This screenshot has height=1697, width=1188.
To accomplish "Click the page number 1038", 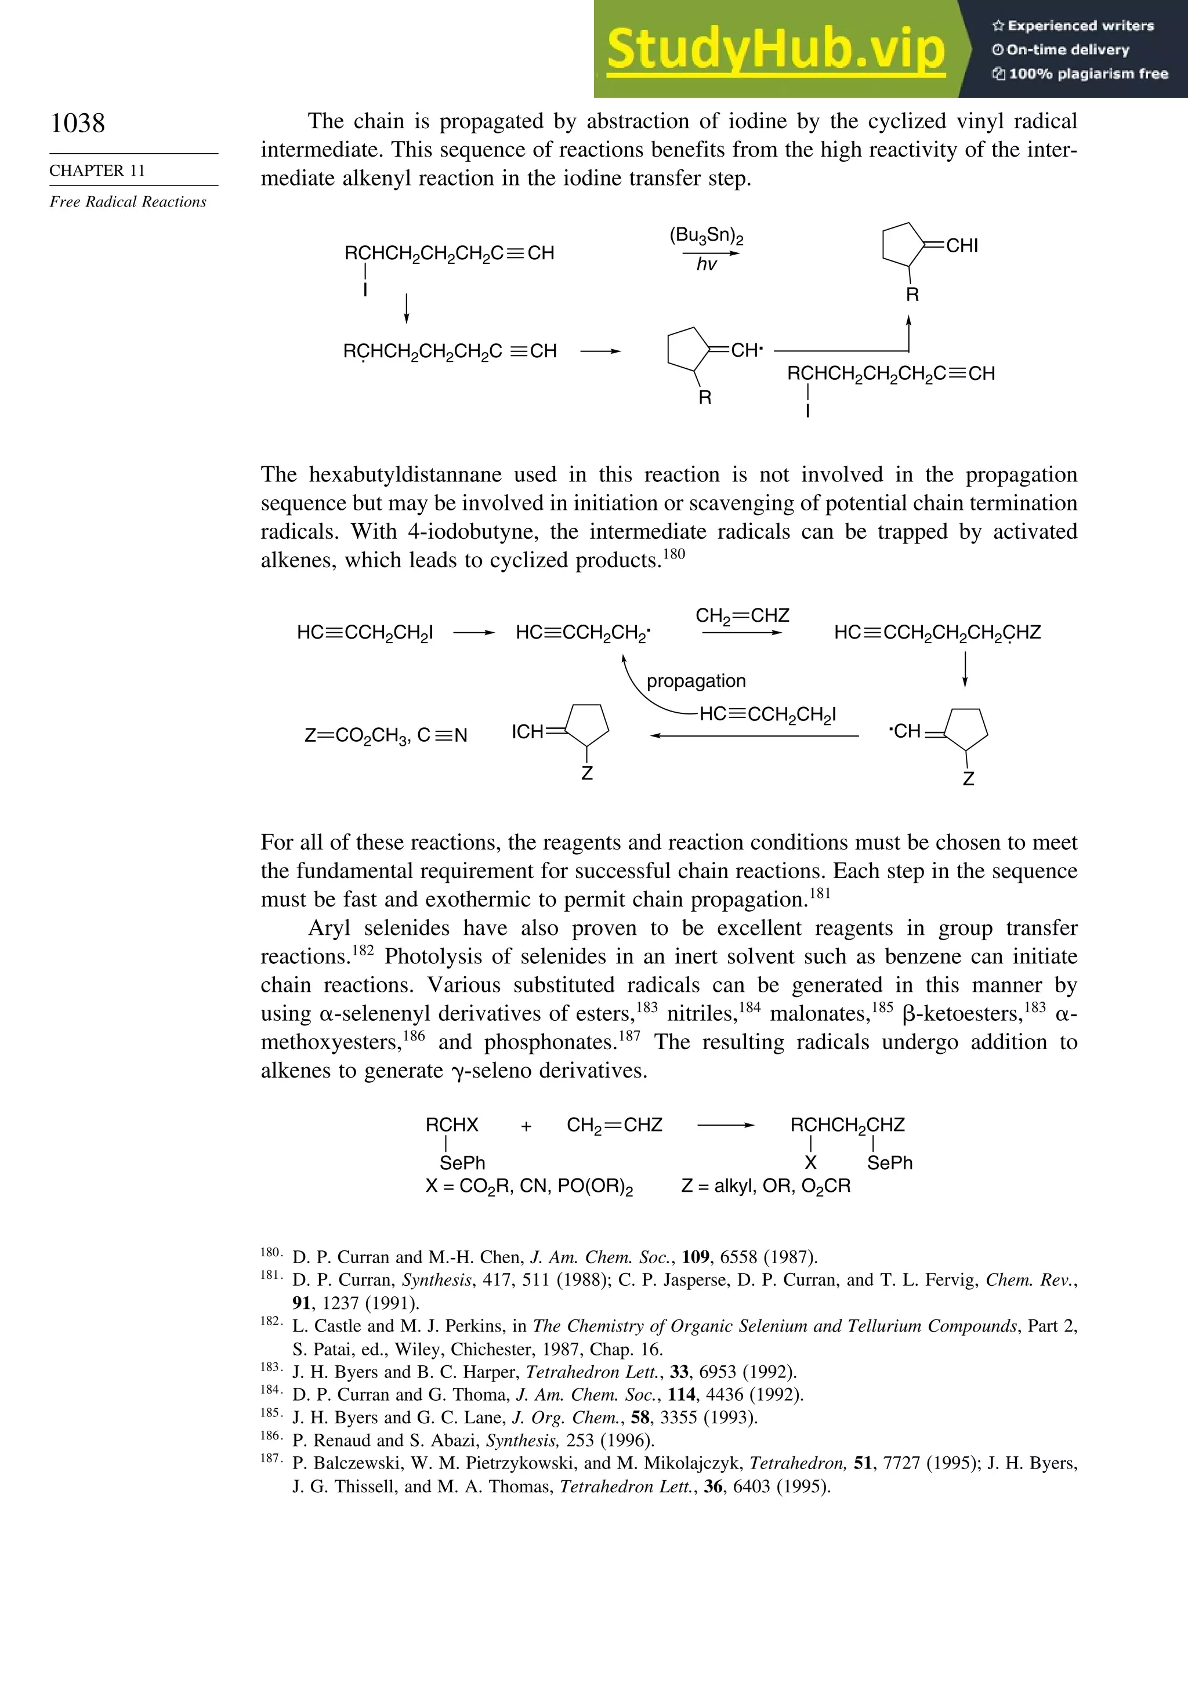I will point(78,123).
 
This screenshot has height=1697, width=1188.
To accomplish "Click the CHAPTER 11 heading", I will point(97,171).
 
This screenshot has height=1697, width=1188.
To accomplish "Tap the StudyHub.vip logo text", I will point(776,49).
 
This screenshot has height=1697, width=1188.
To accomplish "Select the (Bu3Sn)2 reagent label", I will point(706,236).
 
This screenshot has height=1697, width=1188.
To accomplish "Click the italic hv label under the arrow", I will point(706,264).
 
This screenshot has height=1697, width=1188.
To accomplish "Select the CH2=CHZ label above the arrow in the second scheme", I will point(742,616).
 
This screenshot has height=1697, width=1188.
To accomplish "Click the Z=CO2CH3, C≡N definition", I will point(386,735).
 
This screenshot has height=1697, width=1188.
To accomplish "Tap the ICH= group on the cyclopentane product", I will point(529,732).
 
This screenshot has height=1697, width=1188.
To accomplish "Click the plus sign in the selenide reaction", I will point(526,1126).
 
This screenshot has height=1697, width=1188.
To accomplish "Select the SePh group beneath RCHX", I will point(462,1163).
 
